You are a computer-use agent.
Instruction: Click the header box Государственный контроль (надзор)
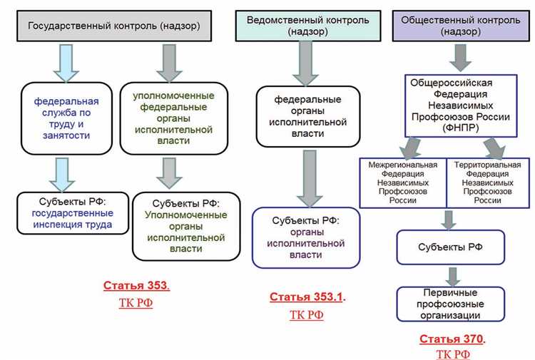pyautogui.click(x=113, y=26)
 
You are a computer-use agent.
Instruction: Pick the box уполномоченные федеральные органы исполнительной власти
pyautogui.click(x=173, y=117)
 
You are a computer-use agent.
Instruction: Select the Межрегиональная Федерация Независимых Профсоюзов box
pyautogui.click(x=402, y=182)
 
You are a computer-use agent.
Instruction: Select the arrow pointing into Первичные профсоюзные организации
pyautogui.click(x=449, y=275)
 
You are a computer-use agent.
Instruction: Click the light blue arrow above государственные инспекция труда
pyautogui.click(x=63, y=173)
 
